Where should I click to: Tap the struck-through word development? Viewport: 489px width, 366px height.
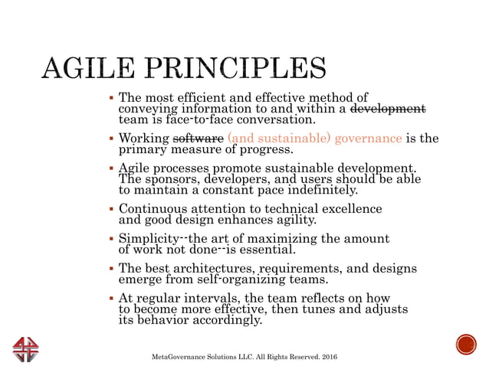click(387, 109)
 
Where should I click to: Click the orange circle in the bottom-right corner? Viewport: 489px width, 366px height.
click(465, 345)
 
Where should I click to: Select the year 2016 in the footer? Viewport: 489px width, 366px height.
click(328, 358)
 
